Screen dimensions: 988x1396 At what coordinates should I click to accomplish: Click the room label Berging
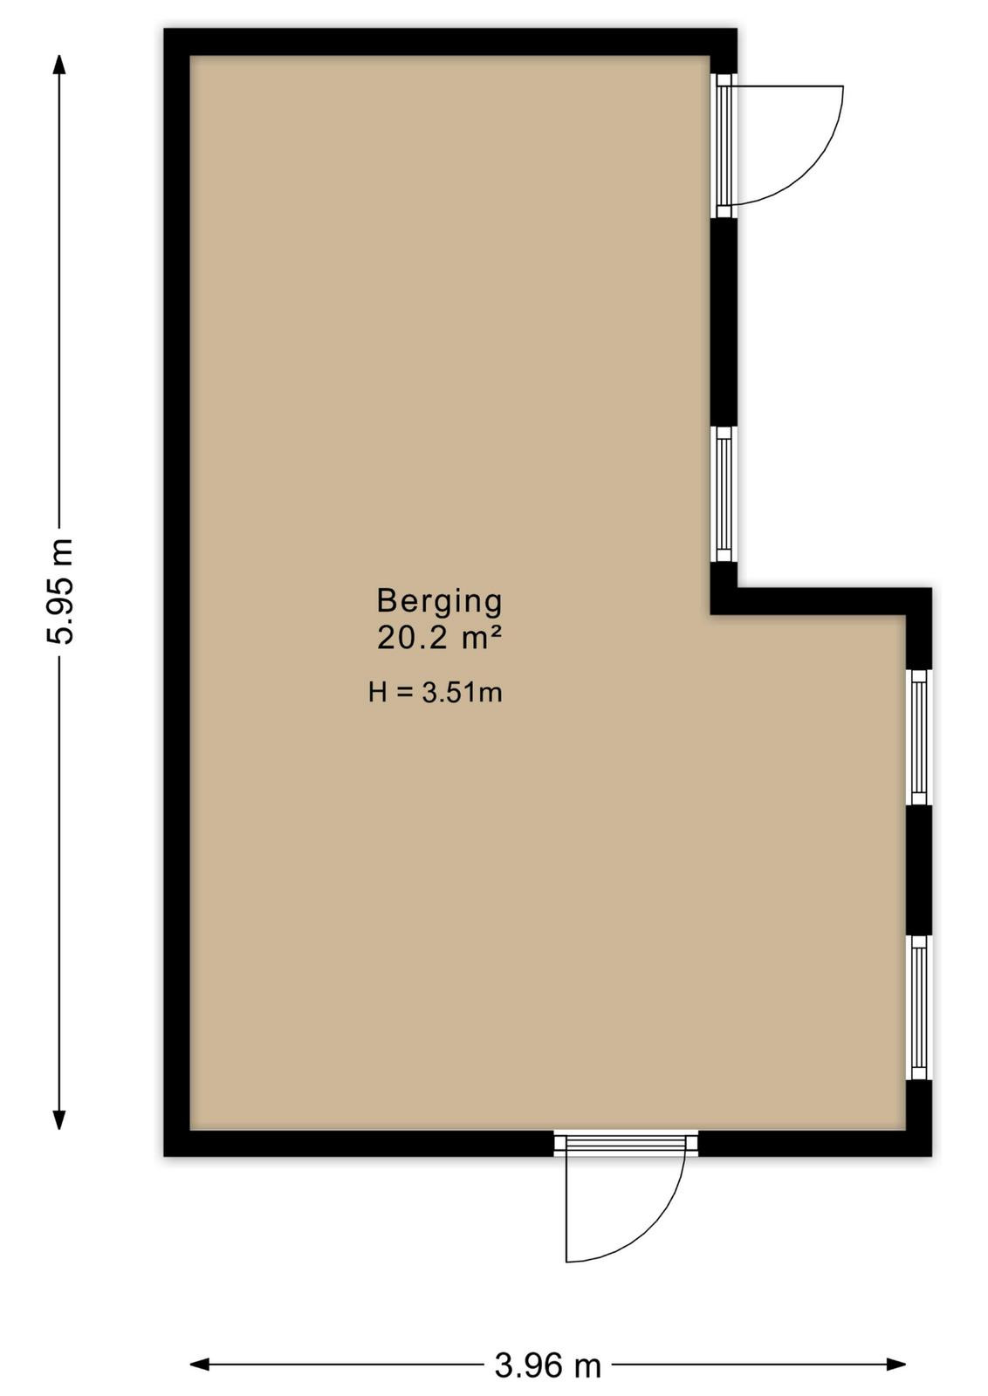point(440,602)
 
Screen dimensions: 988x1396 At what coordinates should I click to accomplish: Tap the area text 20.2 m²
point(440,638)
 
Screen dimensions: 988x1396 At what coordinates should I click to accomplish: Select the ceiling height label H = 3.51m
point(436,693)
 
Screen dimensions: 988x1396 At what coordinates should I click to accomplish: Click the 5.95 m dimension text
point(60,590)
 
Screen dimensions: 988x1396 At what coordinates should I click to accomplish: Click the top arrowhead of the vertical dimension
point(59,65)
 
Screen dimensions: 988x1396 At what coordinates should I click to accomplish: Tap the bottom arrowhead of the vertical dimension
point(59,1119)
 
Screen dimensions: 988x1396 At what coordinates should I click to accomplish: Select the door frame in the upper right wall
point(724,145)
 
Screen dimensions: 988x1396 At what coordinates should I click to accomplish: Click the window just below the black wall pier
point(724,494)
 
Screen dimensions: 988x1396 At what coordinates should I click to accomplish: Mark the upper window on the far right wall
point(919,737)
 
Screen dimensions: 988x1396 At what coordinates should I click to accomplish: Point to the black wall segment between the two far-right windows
point(919,870)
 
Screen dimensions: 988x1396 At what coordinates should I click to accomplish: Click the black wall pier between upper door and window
point(724,322)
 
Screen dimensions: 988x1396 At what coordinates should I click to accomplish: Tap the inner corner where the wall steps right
point(711,614)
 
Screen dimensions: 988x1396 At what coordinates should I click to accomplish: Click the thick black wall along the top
point(450,42)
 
